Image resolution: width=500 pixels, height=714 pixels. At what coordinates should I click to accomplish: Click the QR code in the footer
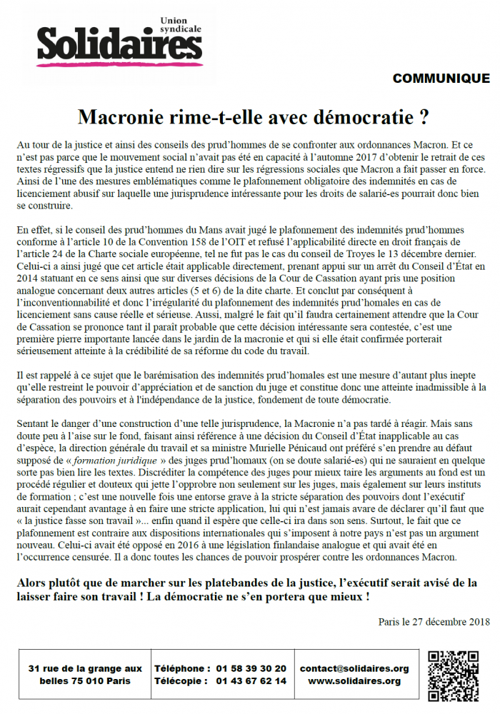[x=453, y=675]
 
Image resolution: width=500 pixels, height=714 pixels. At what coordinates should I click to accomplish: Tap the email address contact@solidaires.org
[x=354, y=668]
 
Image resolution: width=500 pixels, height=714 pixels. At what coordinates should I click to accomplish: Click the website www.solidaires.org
[x=354, y=681]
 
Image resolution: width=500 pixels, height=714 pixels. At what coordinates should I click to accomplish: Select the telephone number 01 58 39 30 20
[x=251, y=668]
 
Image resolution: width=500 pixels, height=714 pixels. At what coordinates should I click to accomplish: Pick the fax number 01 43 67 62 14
[x=251, y=681]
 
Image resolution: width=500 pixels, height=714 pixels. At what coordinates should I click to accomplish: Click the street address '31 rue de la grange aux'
[x=85, y=668]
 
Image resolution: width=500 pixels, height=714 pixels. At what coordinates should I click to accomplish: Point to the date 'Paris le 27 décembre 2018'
[x=434, y=621]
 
